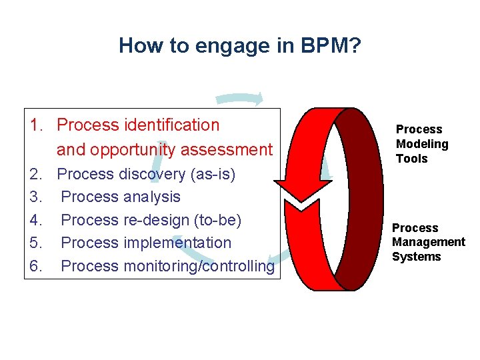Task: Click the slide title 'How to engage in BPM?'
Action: tap(239, 45)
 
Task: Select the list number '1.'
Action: tap(37, 125)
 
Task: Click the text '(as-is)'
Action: tap(213, 174)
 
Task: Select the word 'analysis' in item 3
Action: tap(151, 197)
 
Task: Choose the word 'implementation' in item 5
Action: tap(177, 243)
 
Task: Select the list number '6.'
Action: tap(37, 267)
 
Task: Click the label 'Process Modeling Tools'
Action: tap(421, 144)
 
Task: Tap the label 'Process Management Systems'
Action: tap(428, 242)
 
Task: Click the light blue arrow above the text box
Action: tap(240, 99)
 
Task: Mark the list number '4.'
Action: tap(37, 220)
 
